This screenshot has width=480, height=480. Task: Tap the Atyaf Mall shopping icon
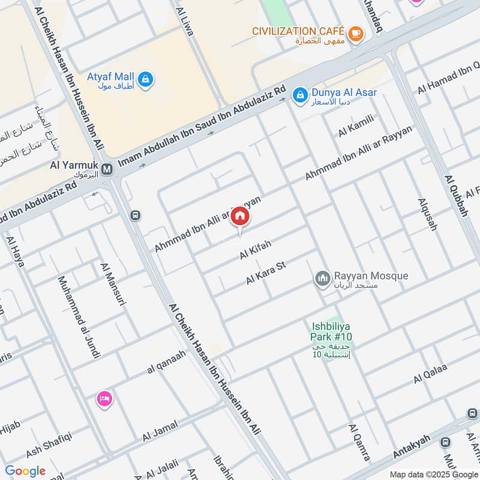(145, 79)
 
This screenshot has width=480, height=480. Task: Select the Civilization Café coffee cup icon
(356, 34)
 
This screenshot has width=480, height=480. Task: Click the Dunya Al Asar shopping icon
(298, 95)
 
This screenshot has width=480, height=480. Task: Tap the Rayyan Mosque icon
(323, 278)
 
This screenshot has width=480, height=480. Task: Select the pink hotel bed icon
(104, 399)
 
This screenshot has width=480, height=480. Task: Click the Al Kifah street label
(256, 250)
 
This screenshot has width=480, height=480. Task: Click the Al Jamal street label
(160, 432)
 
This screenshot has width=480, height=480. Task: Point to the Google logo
(25, 471)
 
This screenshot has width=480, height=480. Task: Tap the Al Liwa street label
(184, 21)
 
